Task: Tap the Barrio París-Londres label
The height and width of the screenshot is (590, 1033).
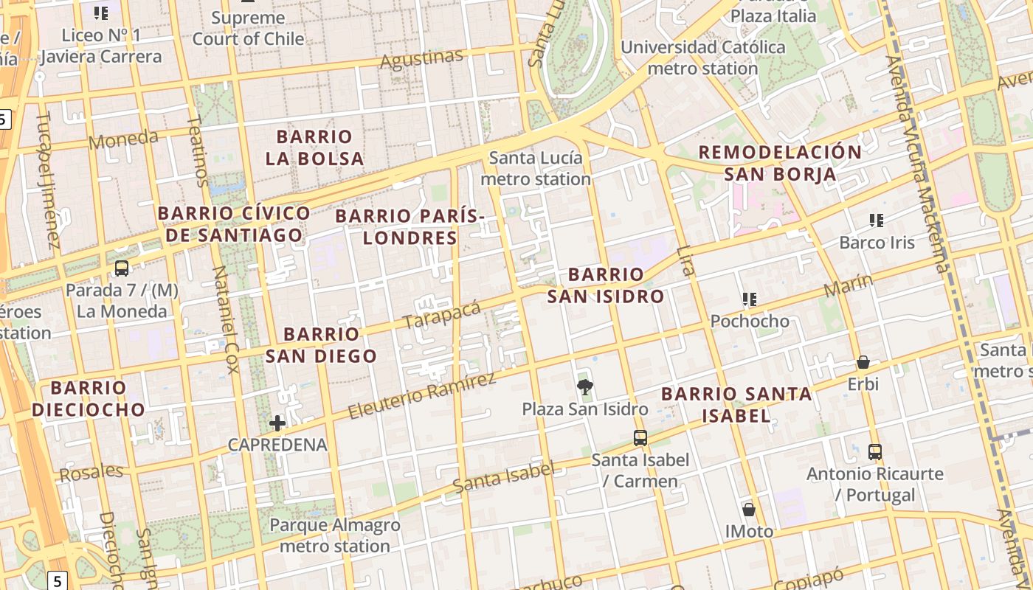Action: (x=410, y=227)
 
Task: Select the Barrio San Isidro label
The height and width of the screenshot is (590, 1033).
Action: (x=606, y=285)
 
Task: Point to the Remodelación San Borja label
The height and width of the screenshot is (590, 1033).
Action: (x=780, y=163)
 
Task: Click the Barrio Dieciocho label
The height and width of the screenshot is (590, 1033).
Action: (x=89, y=398)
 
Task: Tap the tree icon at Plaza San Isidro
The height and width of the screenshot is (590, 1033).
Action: (x=585, y=387)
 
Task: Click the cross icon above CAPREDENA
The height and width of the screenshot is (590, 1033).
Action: (x=277, y=423)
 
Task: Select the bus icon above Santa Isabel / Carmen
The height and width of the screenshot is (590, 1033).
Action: (x=640, y=438)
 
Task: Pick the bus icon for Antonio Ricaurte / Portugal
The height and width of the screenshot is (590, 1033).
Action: (x=875, y=451)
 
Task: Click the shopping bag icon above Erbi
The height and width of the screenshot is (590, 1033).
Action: (x=863, y=362)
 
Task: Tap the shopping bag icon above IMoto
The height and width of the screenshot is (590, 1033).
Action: (x=749, y=510)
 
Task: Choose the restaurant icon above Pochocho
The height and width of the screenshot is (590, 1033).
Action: (x=750, y=299)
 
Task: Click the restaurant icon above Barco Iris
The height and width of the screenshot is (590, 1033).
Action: (x=877, y=220)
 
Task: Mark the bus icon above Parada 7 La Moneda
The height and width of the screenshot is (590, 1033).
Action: (x=122, y=268)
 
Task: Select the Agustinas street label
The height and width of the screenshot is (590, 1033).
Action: (x=421, y=58)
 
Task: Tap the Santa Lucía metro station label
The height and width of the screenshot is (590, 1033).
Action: (x=536, y=168)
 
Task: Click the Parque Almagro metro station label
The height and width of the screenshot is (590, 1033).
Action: (x=335, y=535)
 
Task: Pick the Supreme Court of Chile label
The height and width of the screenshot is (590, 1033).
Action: (x=248, y=28)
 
